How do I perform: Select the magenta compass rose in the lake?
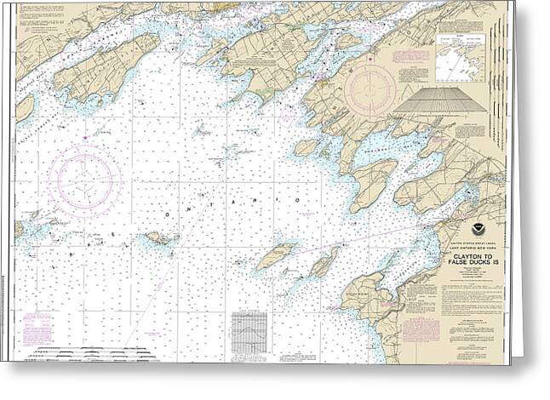[83, 180]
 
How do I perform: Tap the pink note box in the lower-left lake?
[37, 327]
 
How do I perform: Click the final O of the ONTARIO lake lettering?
[298, 199]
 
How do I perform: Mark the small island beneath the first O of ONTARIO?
[160, 239]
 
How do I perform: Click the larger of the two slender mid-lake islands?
[276, 255]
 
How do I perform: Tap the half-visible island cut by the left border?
[24, 107]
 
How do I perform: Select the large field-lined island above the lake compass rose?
[106, 66]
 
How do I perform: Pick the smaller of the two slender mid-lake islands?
[324, 263]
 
